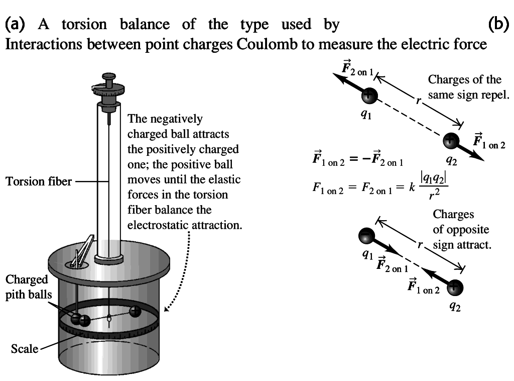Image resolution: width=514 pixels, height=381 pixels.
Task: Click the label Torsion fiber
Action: [x=39, y=181]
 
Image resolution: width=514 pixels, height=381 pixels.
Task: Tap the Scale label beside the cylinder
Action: [x=25, y=348]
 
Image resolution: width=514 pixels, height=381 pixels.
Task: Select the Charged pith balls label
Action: [x=28, y=287]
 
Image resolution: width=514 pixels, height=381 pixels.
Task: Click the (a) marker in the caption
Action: [x=16, y=24]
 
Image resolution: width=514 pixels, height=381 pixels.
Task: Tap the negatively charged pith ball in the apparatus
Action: [x=76, y=318]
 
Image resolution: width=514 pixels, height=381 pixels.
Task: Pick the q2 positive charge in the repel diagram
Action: [x=451, y=140]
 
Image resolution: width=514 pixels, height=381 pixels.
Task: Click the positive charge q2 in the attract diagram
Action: [x=455, y=287]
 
